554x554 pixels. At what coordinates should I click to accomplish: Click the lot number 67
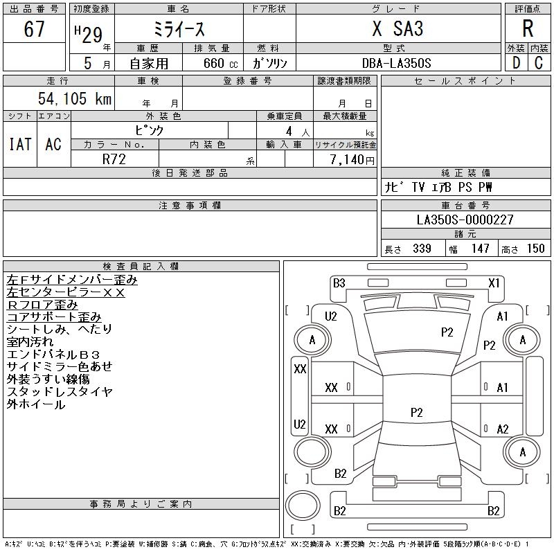coord(34,28)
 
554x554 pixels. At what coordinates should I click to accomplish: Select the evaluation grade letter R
coord(528,28)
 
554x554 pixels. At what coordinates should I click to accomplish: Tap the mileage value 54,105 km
coord(75,98)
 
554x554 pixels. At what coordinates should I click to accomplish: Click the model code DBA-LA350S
coord(396,63)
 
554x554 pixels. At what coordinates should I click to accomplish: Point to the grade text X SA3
coord(397,28)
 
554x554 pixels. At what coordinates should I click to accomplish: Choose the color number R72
coord(114,159)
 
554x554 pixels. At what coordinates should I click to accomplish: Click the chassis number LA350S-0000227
coord(465,220)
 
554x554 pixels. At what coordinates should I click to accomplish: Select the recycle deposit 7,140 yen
coord(352,160)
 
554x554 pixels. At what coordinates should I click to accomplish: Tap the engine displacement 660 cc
coord(220,63)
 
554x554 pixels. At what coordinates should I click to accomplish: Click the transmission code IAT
coord(20,144)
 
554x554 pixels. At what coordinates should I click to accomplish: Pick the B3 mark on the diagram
coord(339,283)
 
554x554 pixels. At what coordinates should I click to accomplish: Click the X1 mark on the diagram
coord(494,283)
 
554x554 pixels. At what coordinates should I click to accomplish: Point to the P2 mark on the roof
coord(417,412)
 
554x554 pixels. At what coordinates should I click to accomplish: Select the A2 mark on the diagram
coord(503,429)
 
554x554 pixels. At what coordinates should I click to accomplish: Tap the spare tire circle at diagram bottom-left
coord(303,506)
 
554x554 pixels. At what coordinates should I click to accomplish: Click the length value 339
coord(422,249)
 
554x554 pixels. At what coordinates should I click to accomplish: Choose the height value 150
coord(535,249)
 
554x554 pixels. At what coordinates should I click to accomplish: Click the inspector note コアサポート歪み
coord(54,317)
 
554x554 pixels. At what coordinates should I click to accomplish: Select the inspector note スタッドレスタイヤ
coord(60,391)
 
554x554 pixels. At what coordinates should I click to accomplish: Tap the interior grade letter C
coord(539,63)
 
